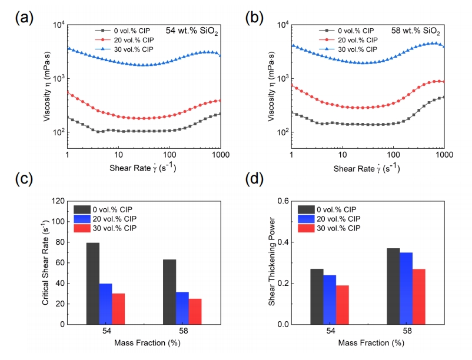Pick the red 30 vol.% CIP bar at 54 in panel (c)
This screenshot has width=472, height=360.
[x=118, y=308]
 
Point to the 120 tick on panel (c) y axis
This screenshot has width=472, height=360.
[x=58, y=201]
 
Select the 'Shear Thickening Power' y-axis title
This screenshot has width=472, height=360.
[x=271, y=262]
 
